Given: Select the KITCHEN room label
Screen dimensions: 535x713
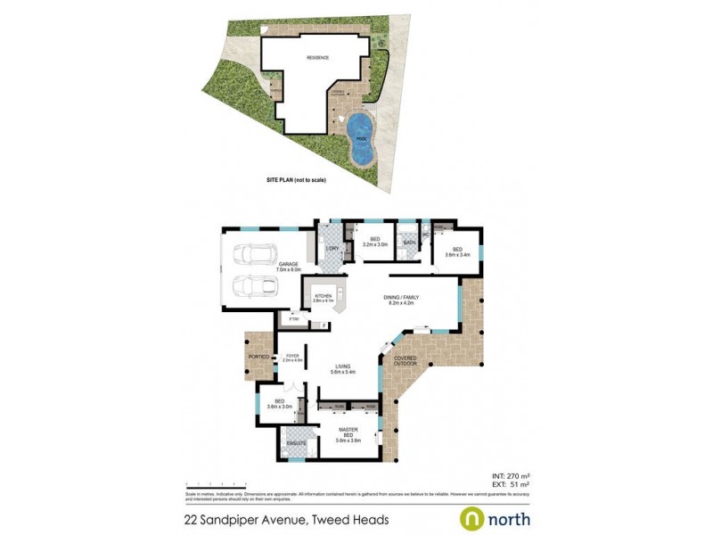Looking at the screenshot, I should [x=322, y=297].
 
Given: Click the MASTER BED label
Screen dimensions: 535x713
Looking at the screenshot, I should [x=348, y=432].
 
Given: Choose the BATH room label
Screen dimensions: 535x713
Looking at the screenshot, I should [x=410, y=243].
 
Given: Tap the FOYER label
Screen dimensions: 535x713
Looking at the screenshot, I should [x=292, y=357].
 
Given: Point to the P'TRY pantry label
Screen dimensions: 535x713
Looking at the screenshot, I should [x=292, y=318].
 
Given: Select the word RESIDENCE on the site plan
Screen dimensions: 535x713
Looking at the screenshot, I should [x=318, y=58].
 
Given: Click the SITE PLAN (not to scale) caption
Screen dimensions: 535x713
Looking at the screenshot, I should [x=297, y=180].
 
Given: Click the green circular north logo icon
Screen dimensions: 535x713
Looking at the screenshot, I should [x=471, y=518].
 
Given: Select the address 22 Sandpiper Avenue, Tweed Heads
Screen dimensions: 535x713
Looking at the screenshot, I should [x=286, y=519].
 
